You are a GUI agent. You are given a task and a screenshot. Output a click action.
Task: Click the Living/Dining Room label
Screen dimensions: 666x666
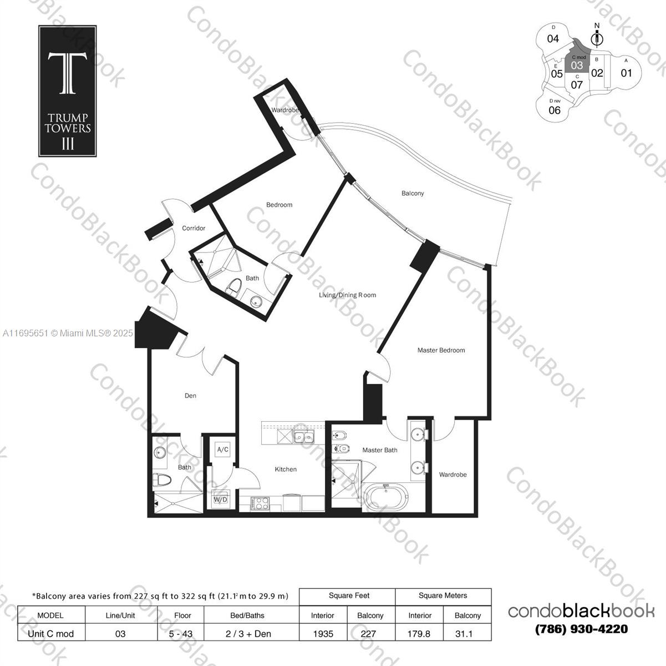[347, 295]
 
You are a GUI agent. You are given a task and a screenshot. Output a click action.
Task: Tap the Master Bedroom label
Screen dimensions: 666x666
[441, 350]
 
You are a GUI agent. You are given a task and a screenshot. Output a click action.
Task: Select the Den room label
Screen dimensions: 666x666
[190, 396]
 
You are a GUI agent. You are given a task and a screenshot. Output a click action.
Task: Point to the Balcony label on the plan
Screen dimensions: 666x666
[413, 193]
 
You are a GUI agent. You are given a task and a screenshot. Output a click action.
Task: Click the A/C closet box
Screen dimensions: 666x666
[223, 450]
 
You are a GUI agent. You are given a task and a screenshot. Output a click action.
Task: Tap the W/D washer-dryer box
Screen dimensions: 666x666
[220, 500]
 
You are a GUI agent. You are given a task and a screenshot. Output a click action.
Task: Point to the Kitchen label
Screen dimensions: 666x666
[286, 469]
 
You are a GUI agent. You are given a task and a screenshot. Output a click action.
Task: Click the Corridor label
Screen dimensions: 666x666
[194, 228]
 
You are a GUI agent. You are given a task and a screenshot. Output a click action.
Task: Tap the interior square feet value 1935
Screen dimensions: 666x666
[323, 633]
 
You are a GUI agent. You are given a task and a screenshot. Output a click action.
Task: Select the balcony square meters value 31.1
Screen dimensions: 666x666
[467, 633]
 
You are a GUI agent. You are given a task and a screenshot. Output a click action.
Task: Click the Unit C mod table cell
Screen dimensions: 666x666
[50, 633]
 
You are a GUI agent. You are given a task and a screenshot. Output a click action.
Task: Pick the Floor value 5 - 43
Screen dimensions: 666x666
[182, 633]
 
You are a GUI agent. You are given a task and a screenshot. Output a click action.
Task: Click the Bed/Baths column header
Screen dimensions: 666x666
[247, 615]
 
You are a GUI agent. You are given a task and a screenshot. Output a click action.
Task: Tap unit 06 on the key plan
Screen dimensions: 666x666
[554, 109]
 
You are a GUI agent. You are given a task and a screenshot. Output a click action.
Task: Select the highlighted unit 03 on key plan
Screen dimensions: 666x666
[577, 65]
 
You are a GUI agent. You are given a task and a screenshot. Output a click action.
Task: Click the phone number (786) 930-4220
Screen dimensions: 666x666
[581, 629]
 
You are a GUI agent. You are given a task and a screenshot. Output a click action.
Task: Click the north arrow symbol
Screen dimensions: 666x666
[597, 37]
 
